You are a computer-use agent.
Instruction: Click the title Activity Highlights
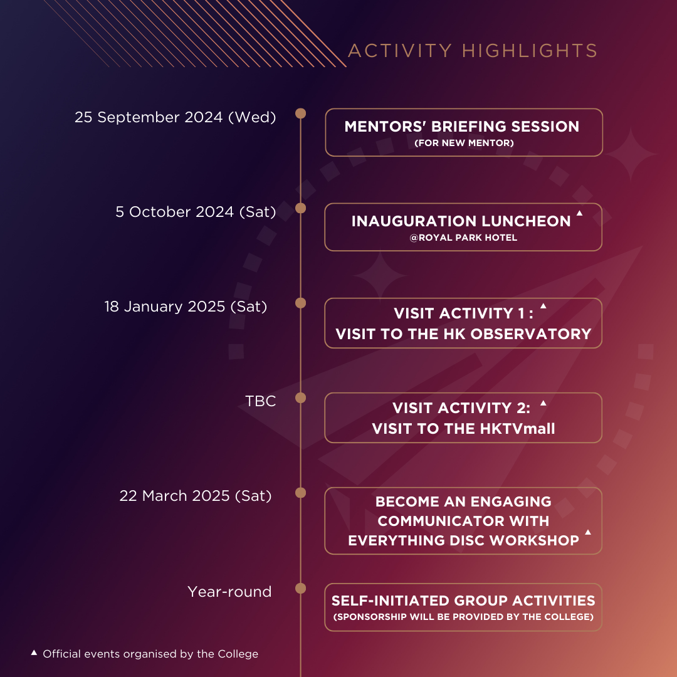point(473,51)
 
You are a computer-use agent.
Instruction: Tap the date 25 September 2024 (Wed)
point(176,117)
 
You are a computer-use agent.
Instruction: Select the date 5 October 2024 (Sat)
point(196,212)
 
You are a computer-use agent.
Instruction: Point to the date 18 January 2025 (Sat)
point(186,307)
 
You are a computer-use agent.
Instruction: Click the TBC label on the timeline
point(260,401)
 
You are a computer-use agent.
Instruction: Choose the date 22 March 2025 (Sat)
point(196,496)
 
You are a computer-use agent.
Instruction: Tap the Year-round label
point(229,592)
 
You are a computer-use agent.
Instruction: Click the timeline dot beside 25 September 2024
point(300,113)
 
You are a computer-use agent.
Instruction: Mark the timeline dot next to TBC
point(300,397)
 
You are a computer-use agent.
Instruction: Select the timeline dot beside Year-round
point(300,589)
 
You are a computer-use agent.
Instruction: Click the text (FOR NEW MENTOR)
point(464,143)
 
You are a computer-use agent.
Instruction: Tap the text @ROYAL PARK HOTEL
point(463,238)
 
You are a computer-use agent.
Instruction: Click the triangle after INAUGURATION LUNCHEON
point(579,213)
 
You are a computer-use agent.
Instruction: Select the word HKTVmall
point(517,429)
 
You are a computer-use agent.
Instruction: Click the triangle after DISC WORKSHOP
point(587,532)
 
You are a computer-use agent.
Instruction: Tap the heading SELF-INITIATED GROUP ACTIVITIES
point(463,601)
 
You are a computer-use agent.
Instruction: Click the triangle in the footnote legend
point(34,653)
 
